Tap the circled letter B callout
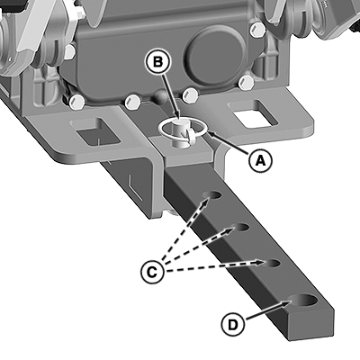pyautogui.click(x=157, y=63)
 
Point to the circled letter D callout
pyautogui.click(x=233, y=325)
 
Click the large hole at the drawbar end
pyautogui.click(x=303, y=301)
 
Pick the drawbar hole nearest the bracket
pyautogui.click(x=211, y=195)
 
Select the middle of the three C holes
pyautogui.click(x=240, y=228)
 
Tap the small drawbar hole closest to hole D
pyautogui.click(x=272, y=263)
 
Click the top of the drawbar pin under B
pyautogui.click(x=180, y=121)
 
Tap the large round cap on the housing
pyautogui.click(x=215, y=56)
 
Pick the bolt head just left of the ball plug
pyautogui.click(x=132, y=102)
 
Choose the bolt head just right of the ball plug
pyautogui.click(x=191, y=94)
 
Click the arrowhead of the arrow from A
pyautogui.click(x=209, y=135)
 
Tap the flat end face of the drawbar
pyautogui.click(x=310, y=326)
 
